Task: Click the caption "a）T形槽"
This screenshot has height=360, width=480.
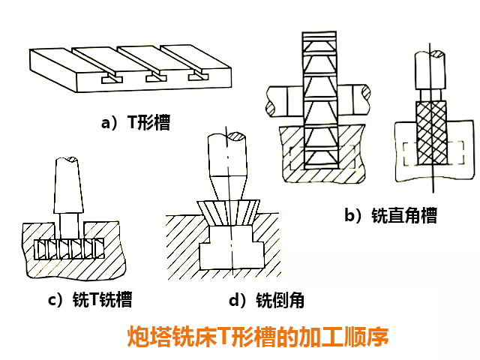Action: tap(136, 122)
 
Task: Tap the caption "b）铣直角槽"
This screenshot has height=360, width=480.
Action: tap(390, 216)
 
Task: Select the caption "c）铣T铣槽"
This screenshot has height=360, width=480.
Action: tap(90, 301)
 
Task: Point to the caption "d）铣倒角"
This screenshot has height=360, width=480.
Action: tap(266, 301)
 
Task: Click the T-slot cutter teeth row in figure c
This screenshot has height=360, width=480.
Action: tap(68, 248)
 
